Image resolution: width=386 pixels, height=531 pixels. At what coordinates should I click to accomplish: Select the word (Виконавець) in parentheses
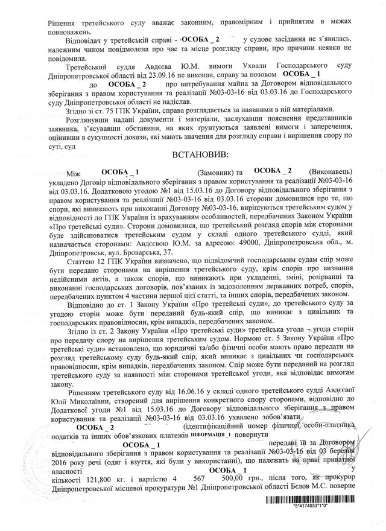(328, 171)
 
